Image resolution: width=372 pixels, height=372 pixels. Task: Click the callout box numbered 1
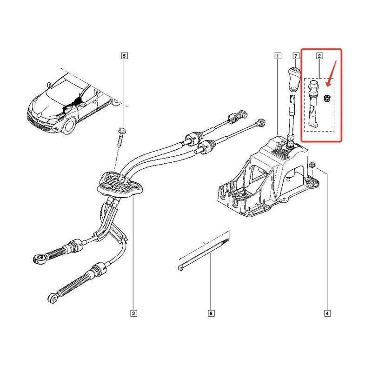pos(278,56)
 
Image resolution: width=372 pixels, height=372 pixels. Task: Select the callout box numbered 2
pos(319,56)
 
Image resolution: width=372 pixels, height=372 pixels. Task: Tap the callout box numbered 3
pos(133,313)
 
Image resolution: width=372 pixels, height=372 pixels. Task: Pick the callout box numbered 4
pos(327,313)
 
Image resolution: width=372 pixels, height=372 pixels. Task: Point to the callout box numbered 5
pos(124,56)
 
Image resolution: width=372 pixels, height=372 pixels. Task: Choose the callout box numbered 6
pos(211,313)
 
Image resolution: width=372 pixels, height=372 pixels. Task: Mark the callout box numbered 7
pos(296,56)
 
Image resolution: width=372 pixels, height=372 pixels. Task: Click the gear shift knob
pos(294,80)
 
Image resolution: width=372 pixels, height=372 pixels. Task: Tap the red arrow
pos(332,73)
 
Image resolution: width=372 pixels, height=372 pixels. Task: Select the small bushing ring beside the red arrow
pos(327,98)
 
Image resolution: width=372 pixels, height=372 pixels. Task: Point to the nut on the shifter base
pos(312,164)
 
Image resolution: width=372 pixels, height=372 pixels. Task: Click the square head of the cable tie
pos(180,268)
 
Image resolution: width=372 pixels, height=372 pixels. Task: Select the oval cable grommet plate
pos(120,184)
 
